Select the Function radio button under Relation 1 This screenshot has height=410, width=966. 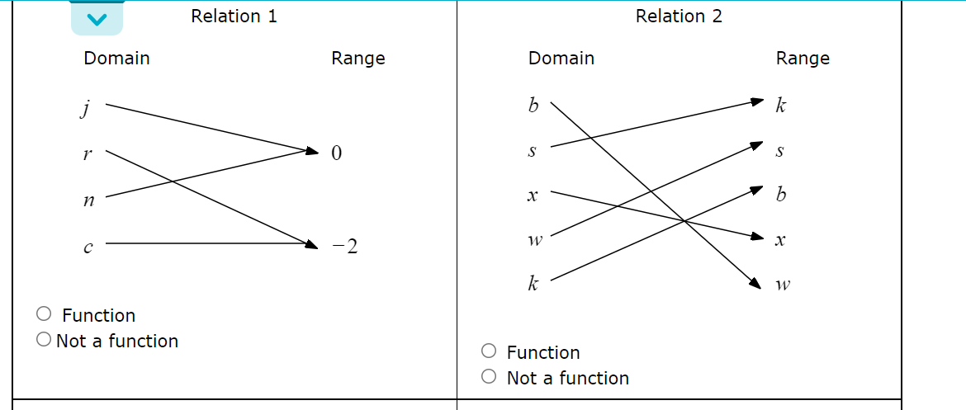tap(45, 314)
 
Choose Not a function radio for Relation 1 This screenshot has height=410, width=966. tap(45, 340)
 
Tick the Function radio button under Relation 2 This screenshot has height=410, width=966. tap(490, 351)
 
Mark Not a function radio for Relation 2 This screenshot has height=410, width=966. tap(490, 377)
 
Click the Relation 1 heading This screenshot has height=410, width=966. tap(234, 16)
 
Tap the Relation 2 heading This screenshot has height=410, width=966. tap(679, 16)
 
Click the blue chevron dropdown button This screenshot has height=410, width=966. tap(97, 18)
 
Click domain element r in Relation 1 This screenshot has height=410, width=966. tap(88, 153)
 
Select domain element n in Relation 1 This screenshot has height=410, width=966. tap(88, 200)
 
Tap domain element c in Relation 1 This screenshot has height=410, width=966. tap(88, 245)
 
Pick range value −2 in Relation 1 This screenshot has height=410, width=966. tap(346, 246)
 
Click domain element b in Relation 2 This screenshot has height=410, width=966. tap(533, 106)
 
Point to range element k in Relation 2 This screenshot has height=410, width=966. tap(781, 106)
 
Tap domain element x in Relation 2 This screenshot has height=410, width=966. tap(533, 196)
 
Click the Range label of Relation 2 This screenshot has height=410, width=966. tap(803, 59)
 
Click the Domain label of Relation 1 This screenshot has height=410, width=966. tap(116, 59)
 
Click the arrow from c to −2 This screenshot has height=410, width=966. tap(206, 244)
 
